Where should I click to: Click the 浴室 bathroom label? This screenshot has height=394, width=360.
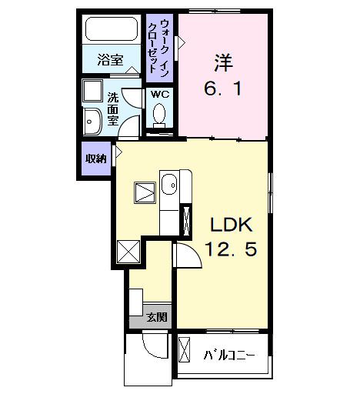point(111,60)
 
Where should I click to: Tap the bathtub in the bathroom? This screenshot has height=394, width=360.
point(111,31)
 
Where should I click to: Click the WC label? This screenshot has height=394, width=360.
point(160,94)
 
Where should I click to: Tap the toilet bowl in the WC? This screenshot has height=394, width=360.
point(160,115)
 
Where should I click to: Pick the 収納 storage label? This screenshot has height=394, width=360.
point(95,159)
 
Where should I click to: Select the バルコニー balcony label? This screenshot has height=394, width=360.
point(228,355)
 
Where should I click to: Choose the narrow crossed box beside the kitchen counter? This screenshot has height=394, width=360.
point(185,219)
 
